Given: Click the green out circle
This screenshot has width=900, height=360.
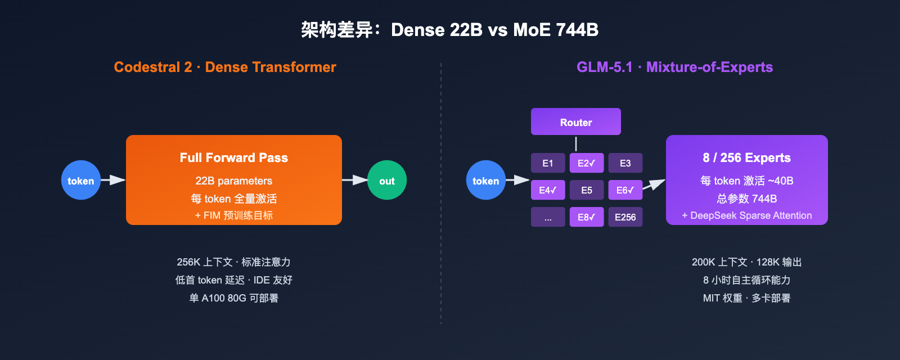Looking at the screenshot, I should [x=387, y=181].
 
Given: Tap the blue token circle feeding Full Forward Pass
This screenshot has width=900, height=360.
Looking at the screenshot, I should [x=81, y=181].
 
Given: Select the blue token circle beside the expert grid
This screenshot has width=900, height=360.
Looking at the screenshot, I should [x=485, y=181].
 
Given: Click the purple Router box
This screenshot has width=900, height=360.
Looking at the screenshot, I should [x=575, y=122].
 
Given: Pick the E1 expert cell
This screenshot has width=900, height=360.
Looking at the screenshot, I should [x=548, y=163].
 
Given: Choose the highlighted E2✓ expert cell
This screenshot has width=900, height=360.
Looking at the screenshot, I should [x=586, y=163].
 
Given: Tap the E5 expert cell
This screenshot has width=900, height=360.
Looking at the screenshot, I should [x=586, y=190].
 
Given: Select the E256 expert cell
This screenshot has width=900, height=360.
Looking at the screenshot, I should [x=625, y=217].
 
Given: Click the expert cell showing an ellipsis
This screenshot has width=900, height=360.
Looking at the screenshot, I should [x=548, y=217].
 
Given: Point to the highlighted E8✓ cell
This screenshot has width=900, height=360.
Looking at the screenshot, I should [x=586, y=217].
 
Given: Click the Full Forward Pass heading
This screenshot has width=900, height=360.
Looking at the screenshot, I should [x=233, y=157].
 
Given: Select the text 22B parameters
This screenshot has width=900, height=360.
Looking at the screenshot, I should [x=233, y=181].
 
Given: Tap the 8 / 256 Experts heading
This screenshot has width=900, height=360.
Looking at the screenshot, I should [x=746, y=157].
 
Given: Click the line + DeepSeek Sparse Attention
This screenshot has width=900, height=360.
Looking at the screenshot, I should [x=746, y=215].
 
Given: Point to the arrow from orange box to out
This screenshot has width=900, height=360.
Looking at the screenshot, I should [x=354, y=180].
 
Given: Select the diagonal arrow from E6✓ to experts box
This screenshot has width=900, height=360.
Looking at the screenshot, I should [x=654, y=184].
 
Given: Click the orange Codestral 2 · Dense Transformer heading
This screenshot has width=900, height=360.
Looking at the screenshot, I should [x=224, y=67].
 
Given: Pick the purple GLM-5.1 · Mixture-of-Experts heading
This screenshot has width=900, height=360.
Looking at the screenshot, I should [x=674, y=67].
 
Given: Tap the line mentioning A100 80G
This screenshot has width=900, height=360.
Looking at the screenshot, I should [x=233, y=298].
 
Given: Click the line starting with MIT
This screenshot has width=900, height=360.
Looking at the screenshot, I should [x=746, y=298].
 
